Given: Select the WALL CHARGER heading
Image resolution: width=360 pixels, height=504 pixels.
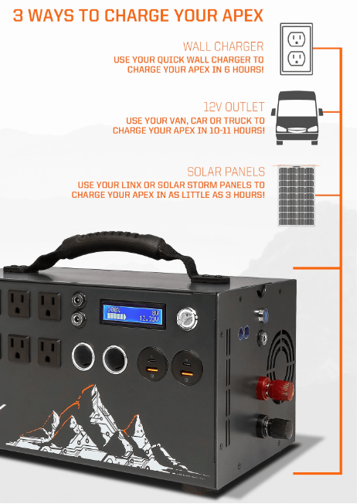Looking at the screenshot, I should [x=223, y=46].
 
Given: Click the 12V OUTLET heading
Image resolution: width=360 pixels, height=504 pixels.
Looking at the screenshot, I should [x=233, y=107].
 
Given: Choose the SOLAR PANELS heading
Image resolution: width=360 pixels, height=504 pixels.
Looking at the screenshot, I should [x=226, y=172].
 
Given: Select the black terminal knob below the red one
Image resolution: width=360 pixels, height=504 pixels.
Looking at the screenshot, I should [x=276, y=424].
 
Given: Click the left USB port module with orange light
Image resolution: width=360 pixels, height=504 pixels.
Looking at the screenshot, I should [x=151, y=364].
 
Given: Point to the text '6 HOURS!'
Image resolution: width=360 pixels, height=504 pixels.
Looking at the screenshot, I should [x=241, y=70].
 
